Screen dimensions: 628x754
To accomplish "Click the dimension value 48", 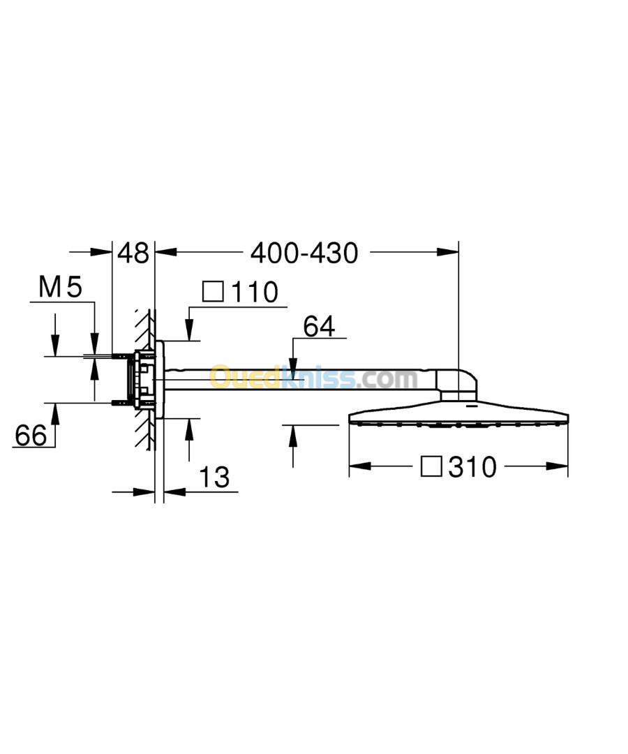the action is click(x=133, y=253).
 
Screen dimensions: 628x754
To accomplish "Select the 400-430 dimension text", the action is click(x=304, y=253).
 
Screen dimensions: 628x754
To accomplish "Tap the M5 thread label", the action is click(x=60, y=287).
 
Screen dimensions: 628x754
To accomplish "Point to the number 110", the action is click(x=255, y=292).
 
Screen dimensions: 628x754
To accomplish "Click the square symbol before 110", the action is click(x=213, y=291).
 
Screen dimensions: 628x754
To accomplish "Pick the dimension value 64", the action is click(x=319, y=327).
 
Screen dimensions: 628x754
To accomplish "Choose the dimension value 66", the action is click(x=31, y=435).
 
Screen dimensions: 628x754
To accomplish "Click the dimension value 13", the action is click(x=214, y=477).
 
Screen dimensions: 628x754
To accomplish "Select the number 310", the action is click(x=472, y=467).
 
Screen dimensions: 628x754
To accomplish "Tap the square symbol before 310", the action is click(x=431, y=466).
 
